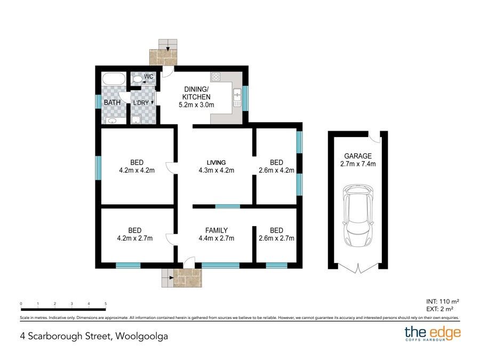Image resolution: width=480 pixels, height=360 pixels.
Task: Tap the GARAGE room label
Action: (358, 156)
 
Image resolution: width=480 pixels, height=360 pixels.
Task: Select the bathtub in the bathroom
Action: (113, 80)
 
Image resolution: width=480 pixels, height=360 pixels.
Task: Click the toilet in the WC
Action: (137, 79)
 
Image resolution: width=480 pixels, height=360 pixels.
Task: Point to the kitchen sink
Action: (237, 98)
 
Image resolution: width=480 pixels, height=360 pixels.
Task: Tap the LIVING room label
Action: (217, 162)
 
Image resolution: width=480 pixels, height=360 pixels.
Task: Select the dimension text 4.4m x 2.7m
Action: (217, 238)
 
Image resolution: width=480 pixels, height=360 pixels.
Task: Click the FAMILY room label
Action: (217, 230)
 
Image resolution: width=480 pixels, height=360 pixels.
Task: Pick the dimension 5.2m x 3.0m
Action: (196, 105)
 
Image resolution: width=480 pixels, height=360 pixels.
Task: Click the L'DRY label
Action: (141, 102)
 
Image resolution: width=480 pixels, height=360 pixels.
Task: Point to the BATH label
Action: (112, 102)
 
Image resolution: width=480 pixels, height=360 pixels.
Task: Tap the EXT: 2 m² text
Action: (441, 309)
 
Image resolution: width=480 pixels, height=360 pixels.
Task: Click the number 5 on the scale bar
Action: (106, 304)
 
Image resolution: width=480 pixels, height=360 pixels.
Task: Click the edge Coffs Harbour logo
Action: (433, 334)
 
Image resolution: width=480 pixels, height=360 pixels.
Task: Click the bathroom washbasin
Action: (112, 121)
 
